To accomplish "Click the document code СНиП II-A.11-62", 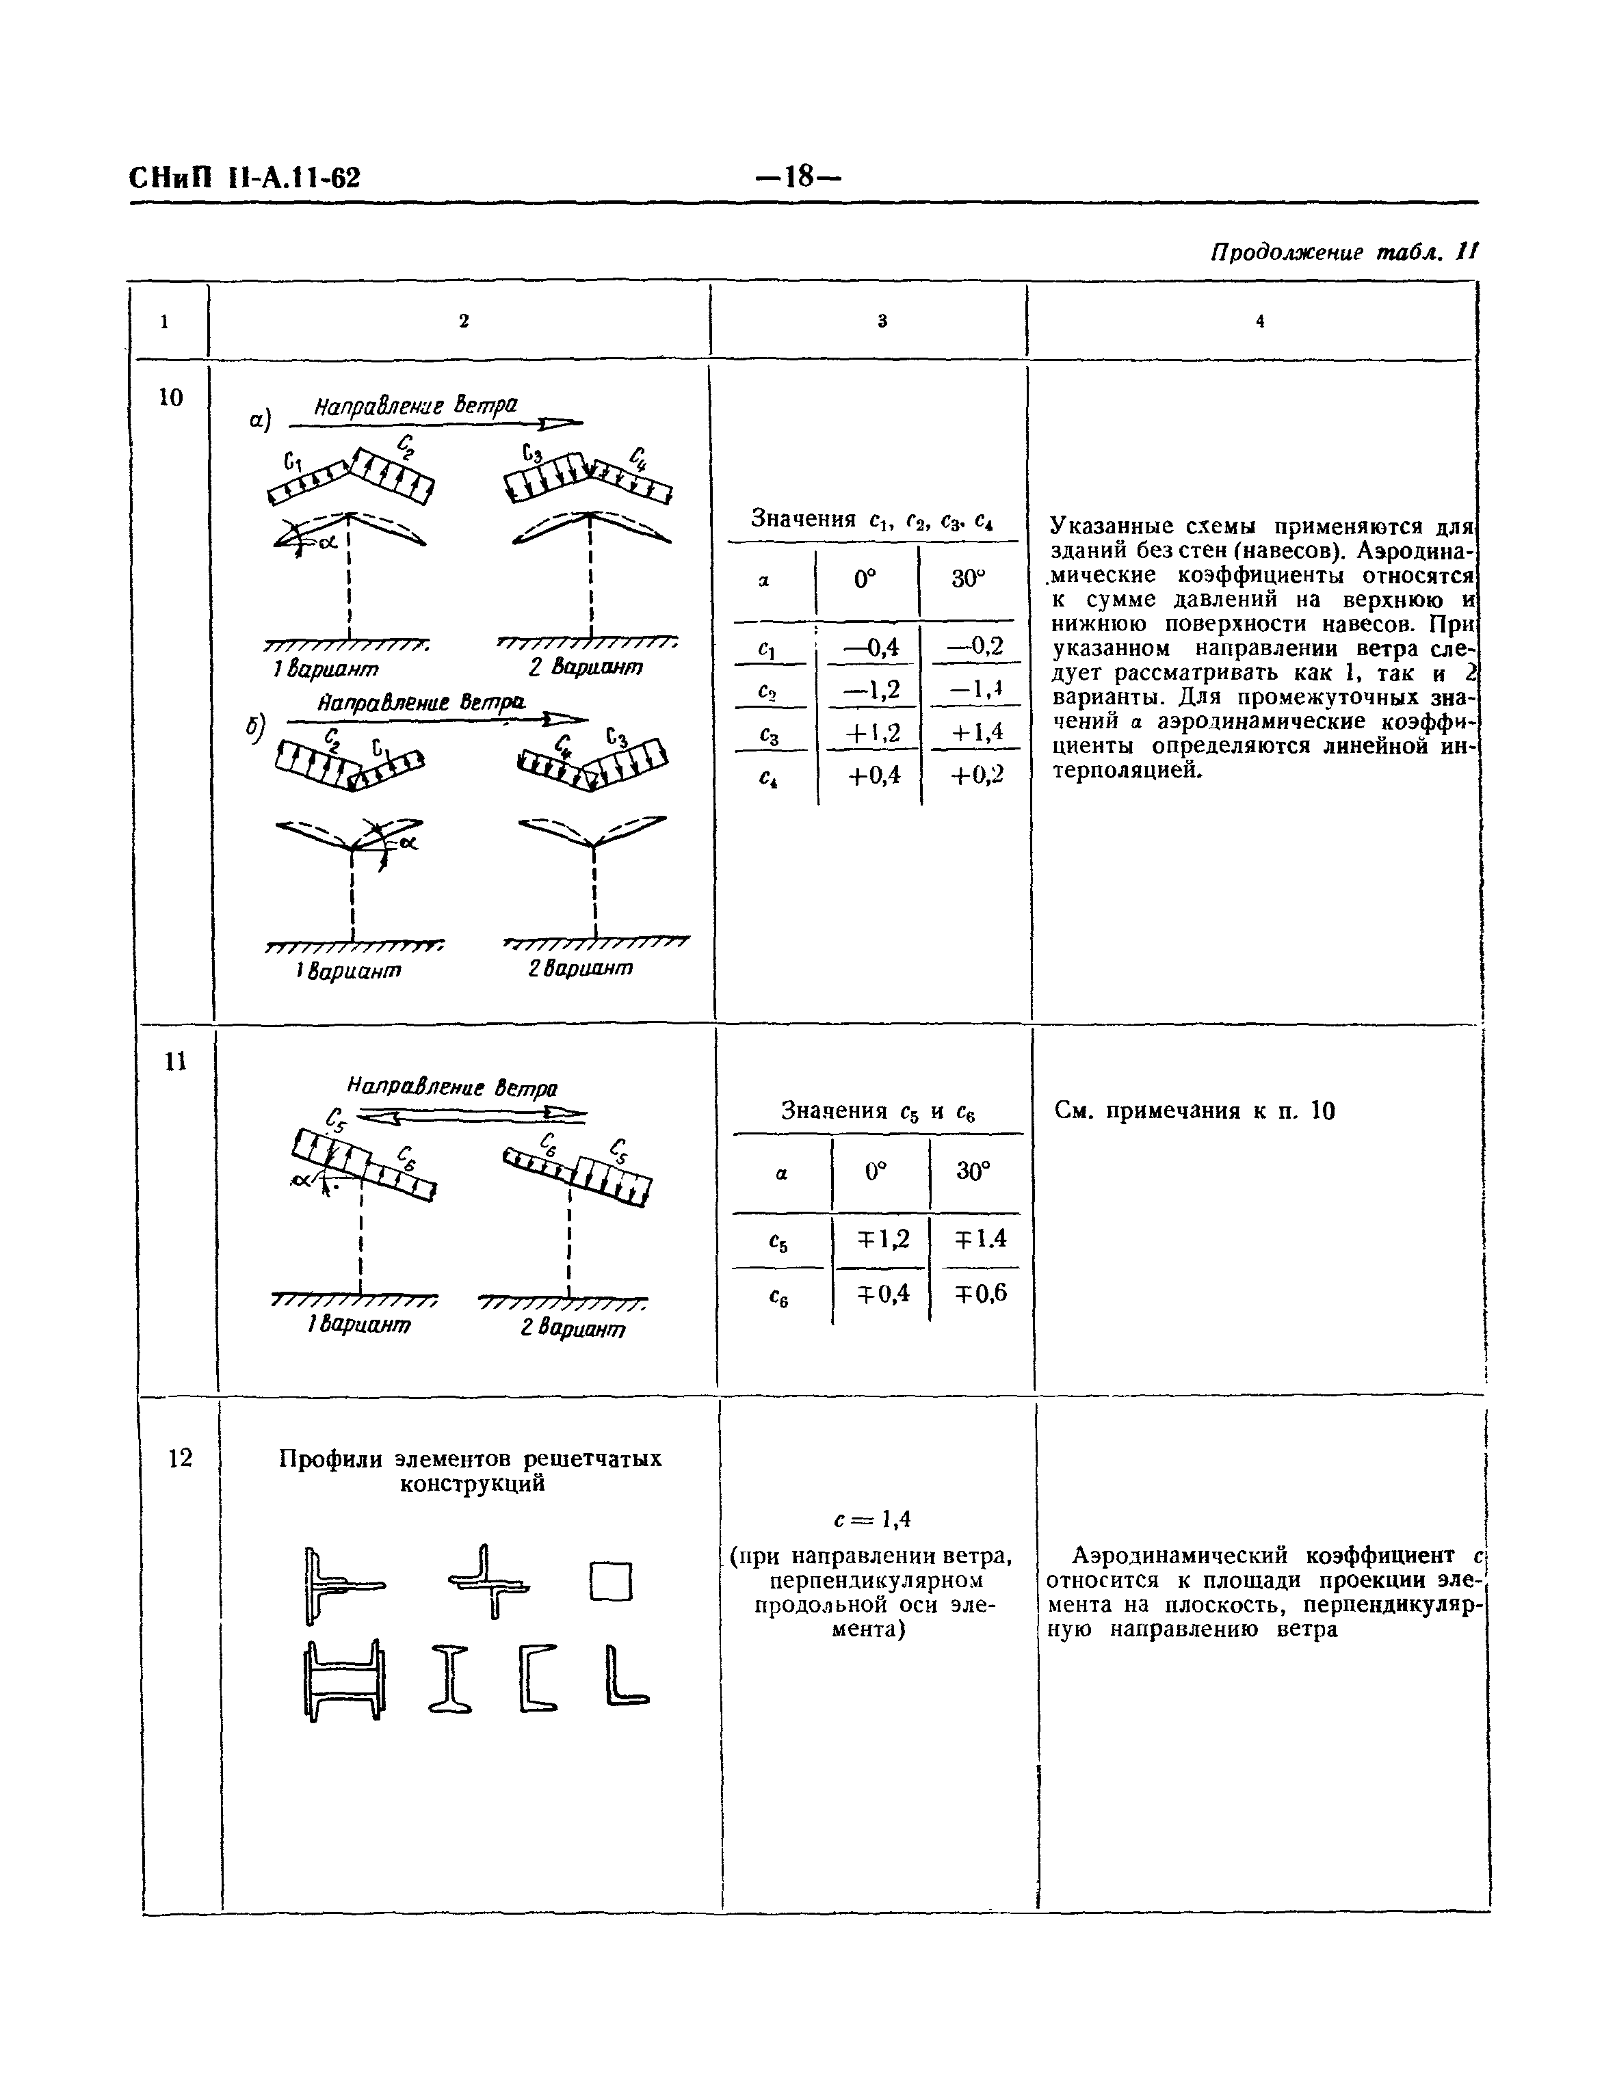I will (244, 178).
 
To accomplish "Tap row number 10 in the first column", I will (170, 398).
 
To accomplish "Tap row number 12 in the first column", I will (180, 1458).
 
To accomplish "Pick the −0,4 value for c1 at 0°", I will (871, 648).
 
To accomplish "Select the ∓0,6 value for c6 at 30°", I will (980, 1292).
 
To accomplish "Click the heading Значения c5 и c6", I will (878, 1111).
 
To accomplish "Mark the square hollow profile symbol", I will (612, 1582).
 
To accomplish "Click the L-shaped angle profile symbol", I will (627, 1677).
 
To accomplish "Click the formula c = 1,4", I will (872, 1519).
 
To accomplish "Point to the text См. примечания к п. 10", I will (1195, 1112).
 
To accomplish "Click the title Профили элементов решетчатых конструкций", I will (470, 1470).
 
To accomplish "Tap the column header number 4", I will (1259, 322).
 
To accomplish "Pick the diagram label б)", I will (254, 730).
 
